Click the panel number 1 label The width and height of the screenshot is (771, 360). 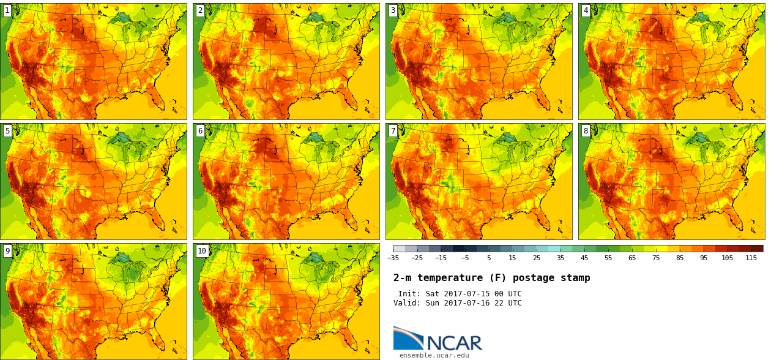click(x=7, y=10)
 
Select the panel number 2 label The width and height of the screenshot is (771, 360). click(x=200, y=10)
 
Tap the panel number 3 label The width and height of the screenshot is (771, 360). click(x=393, y=10)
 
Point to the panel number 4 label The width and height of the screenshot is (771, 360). click(x=586, y=10)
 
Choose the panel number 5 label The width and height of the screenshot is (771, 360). click(x=7, y=130)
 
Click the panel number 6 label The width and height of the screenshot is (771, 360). click(x=200, y=130)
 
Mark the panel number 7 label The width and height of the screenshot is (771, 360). click(x=393, y=130)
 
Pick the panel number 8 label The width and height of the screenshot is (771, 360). click(x=586, y=130)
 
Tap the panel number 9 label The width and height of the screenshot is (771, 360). click(x=7, y=250)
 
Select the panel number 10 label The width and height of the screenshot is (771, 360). click(x=202, y=250)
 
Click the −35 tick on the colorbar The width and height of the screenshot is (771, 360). click(x=393, y=258)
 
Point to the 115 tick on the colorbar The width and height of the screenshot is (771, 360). click(x=751, y=258)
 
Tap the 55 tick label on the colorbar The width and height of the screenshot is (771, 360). click(x=608, y=258)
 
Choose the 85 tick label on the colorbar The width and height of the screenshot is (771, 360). click(x=680, y=258)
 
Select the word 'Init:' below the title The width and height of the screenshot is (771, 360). click(x=409, y=294)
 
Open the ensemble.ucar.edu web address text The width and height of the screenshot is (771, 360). click(x=434, y=355)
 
